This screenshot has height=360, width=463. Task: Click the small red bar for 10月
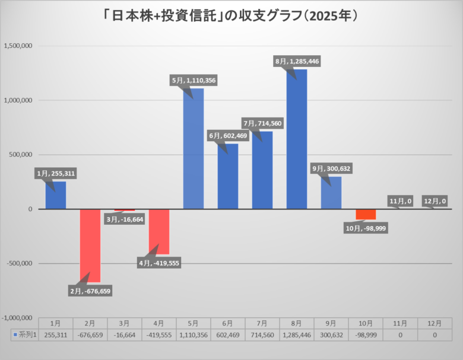tap(366, 214)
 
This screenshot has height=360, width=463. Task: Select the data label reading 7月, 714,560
tap(262, 123)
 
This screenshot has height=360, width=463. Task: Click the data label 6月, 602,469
tap(229, 136)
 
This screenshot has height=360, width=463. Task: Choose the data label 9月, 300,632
tap(331, 168)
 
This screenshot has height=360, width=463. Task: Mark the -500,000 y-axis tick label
tap(20, 263)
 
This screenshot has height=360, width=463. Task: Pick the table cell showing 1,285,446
tap(297, 334)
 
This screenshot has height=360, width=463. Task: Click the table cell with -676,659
tap(90, 334)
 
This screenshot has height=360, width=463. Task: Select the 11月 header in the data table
tap(400, 323)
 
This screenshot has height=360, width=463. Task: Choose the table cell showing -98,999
tap(366, 334)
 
